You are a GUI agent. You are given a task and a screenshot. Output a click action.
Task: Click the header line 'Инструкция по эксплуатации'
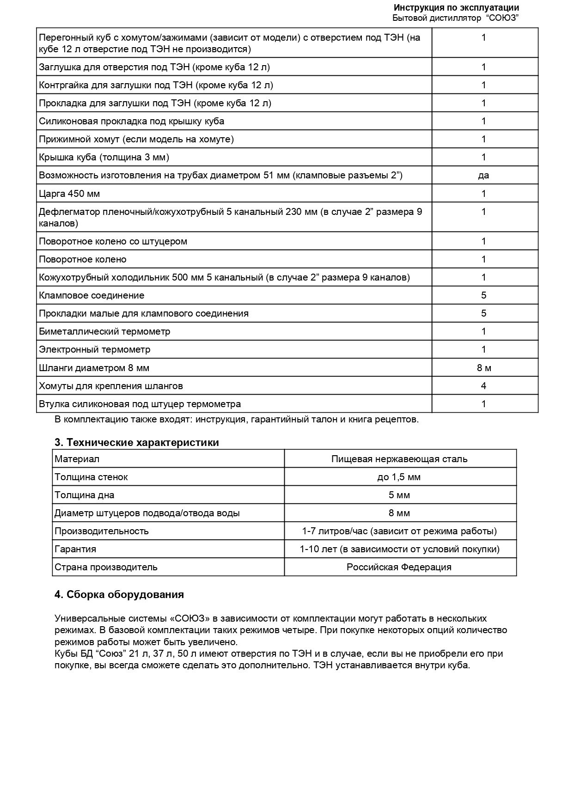(456, 8)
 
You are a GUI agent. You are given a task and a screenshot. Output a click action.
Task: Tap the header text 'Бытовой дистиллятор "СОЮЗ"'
(455, 18)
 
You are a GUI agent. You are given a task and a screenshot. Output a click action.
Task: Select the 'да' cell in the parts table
(483, 175)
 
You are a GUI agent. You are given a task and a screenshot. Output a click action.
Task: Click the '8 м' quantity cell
(484, 368)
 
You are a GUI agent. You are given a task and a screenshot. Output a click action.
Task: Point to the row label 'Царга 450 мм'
(69, 193)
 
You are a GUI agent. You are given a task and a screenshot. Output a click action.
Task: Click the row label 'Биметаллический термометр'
(104, 331)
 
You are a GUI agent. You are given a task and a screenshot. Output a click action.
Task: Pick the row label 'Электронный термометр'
(95, 349)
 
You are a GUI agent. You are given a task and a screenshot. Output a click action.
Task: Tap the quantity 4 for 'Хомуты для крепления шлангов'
(484, 386)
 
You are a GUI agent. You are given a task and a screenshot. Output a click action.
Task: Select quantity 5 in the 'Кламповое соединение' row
(484, 295)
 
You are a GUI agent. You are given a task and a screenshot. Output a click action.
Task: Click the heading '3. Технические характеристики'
(137, 442)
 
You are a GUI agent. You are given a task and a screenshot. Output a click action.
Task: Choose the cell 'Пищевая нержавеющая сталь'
(399, 459)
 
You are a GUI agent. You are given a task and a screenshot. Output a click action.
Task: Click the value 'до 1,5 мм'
(399, 477)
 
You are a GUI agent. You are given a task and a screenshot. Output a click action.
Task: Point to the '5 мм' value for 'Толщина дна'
(399, 495)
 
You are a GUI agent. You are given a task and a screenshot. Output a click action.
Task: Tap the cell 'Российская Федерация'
(399, 567)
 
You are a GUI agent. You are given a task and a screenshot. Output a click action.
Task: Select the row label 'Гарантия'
(75, 549)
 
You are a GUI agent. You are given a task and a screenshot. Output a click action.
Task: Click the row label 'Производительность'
(102, 531)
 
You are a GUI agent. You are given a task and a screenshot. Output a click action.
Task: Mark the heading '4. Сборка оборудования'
(119, 594)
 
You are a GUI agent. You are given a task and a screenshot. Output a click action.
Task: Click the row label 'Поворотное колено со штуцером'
(113, 241)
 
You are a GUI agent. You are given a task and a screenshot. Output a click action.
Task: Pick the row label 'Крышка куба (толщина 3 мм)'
(104, 157)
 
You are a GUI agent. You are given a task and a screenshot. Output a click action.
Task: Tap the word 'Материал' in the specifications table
(77, 459)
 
